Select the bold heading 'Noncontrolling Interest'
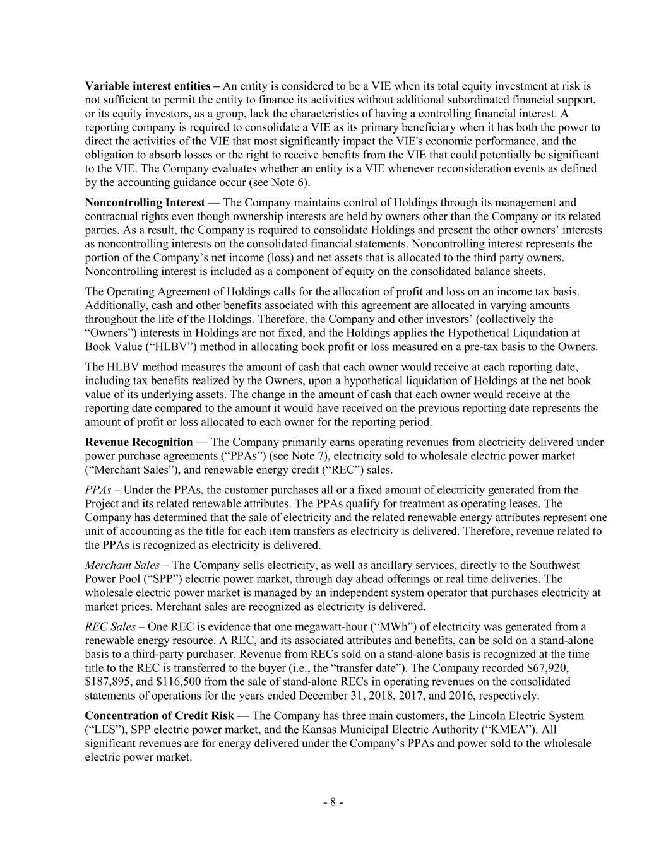tap(145, 202)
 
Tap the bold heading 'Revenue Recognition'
tap(139, 442)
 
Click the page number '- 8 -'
tap(333, 802)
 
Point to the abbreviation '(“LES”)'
tap(105, 730)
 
